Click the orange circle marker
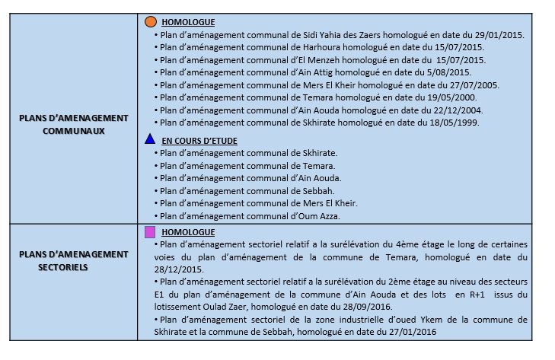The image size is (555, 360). pyautogui.click(x=151, y=22)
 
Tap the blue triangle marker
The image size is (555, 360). pyautogui.click(x=151, y=140)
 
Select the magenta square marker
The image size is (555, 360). pyautogui.click(x=150, y=231)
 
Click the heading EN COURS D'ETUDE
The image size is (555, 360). pyautogui.click(x=199, y=141)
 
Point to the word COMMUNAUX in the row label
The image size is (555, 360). pyautogui.click(x=74, y=130)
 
